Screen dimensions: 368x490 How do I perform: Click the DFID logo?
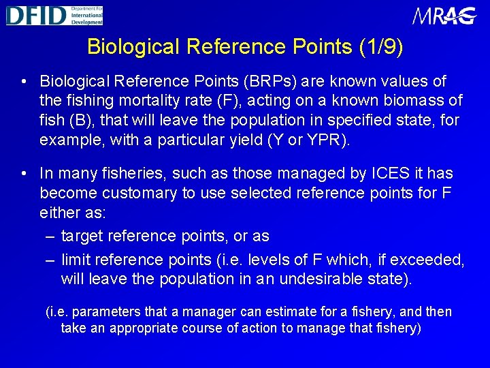tap(54, 14)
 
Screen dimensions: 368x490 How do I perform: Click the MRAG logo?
tap(444, 16)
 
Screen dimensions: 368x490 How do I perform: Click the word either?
tap(62, 213)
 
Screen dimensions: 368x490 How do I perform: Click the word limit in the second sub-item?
tap(76, 260)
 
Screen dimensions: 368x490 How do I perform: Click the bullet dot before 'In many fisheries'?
tap(24, 174)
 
